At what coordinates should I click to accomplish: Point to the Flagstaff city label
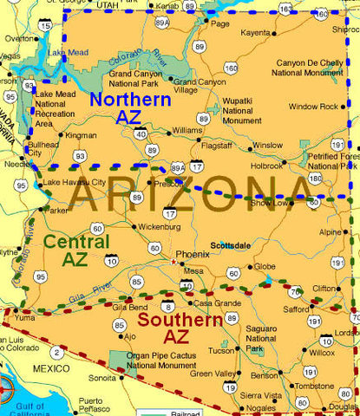pyautogui.click(x=217, y=146)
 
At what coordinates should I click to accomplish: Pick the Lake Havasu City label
pyautogui.click(x=75, y=182)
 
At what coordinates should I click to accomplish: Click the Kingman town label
pyautogui.click(x=82, y=136)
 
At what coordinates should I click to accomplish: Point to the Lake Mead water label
pyautogui.click(x=68, y=53)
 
